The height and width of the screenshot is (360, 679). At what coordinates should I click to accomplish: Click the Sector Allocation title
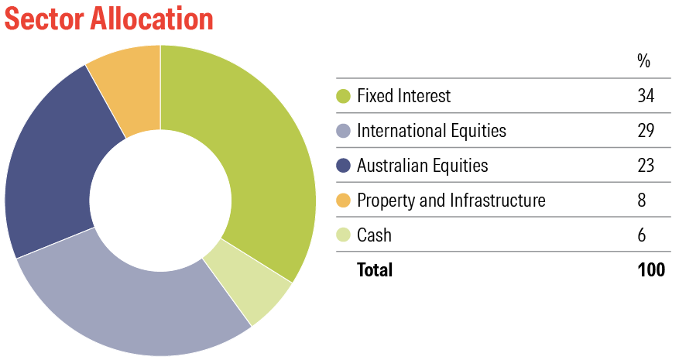coord(109,19)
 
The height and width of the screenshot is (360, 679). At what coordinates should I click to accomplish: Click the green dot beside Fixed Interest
coord(344,96)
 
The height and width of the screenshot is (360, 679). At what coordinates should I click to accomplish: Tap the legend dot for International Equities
coord(344,131)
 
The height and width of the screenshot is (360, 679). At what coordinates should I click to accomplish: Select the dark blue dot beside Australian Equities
coord(344,166)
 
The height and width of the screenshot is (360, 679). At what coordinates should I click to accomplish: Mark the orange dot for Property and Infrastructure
coord(344,201)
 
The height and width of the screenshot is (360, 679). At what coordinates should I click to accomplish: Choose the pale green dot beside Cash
coord(344,235)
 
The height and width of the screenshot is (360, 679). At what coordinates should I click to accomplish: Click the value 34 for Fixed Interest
coord(646,96)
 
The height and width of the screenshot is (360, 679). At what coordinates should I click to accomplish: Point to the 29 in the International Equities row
coord(646,130)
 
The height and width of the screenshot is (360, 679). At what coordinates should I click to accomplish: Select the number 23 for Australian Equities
coord(646,166)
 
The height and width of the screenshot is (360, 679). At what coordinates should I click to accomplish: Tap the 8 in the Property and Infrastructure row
coord(642,201)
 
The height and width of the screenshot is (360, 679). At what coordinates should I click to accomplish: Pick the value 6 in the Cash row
coord(642,235)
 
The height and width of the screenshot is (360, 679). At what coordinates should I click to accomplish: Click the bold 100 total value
coord(651,269)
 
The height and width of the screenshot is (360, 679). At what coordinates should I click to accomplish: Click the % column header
coord(644,61)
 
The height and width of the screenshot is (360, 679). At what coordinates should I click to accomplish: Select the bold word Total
coord(375,269)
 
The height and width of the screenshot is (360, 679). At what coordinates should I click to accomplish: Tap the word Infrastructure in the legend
coord(498,201)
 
